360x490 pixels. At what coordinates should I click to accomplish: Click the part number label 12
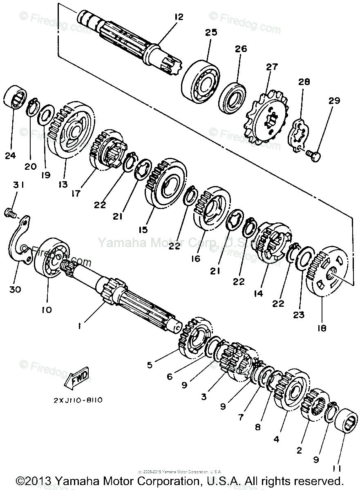click(x=178, y=17)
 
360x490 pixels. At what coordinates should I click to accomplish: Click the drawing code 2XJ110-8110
click(x=78, y=400)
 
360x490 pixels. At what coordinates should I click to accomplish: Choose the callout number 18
click(x=322, y=328)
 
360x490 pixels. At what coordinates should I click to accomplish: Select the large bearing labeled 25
click(x=201, y=82)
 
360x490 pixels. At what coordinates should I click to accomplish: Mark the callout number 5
click(x=150, y=364)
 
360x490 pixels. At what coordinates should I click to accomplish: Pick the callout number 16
click(x=196, y=259)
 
